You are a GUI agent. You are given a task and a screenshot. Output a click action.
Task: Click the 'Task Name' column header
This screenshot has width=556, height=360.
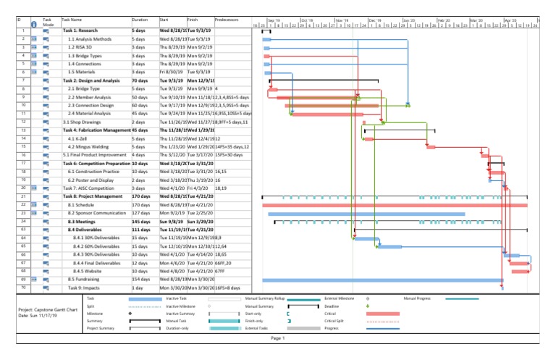[72, 20]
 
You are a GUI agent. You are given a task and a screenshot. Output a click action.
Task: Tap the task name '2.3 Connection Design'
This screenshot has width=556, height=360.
[91, 105]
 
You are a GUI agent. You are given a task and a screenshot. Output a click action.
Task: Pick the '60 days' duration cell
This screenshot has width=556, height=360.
[139, 105]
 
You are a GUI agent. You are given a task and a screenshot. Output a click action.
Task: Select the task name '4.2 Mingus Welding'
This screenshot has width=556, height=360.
[88, 146]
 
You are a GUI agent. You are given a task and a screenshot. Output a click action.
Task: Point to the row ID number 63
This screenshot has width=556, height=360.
[23, 230]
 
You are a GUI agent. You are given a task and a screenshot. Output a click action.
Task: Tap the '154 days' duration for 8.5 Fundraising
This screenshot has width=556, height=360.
[141, 279]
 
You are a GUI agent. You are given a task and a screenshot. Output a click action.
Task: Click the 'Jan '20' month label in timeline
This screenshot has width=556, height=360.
[408, 21]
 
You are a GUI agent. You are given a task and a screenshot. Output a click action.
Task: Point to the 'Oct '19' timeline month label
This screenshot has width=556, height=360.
[306, 21]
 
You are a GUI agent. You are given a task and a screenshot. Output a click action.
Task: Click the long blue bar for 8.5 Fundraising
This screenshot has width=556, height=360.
[384, 280]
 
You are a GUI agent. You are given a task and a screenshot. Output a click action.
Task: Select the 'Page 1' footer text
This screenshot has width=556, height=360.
[278, 338]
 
